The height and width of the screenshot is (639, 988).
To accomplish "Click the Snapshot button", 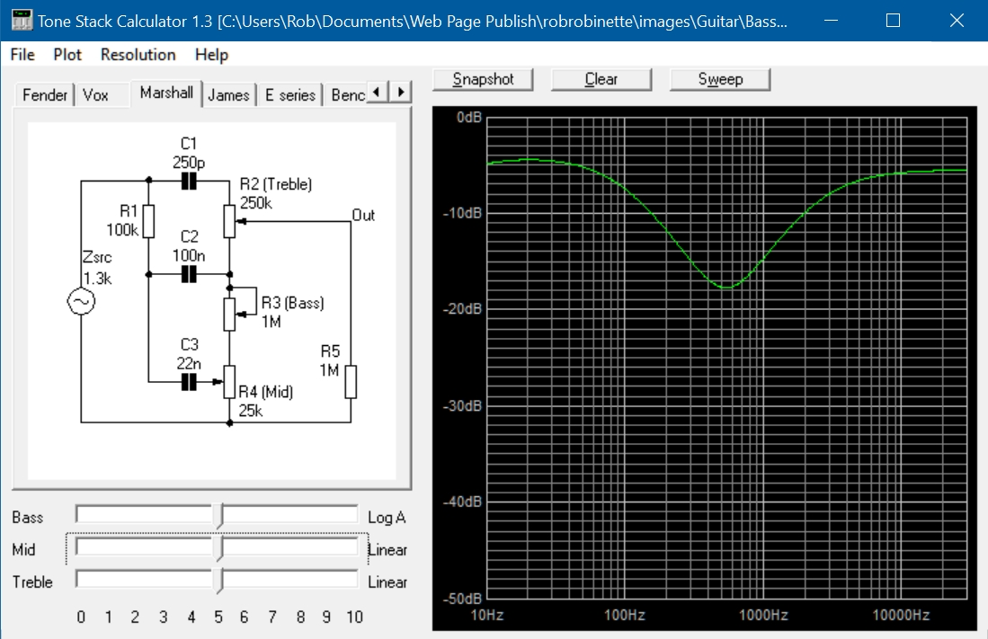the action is (483, 79).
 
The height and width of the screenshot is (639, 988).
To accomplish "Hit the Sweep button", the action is (720, 79).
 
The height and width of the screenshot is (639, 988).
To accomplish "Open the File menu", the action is (22, 55).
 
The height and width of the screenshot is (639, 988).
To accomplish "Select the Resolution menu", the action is (138, 55).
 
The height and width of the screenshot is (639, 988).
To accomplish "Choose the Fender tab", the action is (44, 95).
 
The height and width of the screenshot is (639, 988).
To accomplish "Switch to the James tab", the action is (228, 95).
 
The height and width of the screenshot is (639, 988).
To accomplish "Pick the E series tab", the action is (289, 95).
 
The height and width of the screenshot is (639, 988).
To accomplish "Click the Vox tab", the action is (96, 95).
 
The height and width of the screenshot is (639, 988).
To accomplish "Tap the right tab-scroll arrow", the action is (401, 92).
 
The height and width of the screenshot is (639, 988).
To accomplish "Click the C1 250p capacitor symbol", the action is (189, 182).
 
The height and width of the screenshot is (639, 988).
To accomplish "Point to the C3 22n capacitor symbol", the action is (189, 382).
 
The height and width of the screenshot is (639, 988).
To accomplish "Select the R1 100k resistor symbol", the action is (148, 221).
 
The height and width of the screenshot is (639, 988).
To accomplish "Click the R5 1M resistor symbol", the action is (351, 382).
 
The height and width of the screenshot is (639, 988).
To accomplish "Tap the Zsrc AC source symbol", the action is (81, 301).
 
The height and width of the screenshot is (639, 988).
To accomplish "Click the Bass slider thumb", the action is (218, 516).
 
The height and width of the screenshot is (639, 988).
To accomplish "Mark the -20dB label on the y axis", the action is (462, 309).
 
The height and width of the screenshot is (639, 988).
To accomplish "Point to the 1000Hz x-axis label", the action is (763, 615).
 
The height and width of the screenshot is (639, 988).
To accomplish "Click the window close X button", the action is (957, 21).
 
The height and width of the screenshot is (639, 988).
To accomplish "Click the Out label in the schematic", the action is (363, 216).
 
